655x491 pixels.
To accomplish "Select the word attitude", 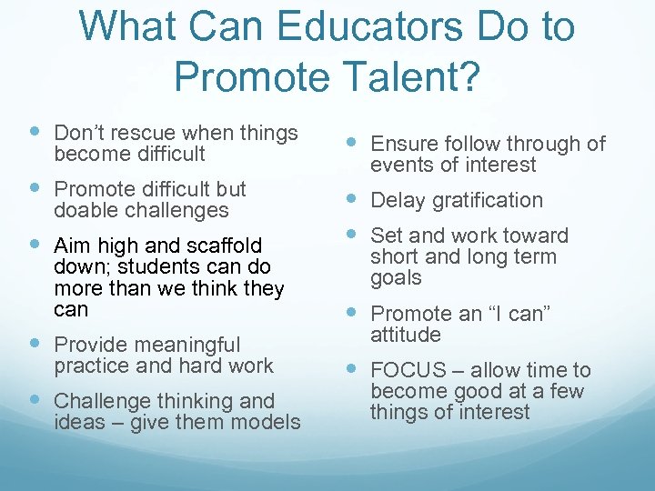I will click(x=406, y=335).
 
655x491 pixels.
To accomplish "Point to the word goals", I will click(x=396, y=278).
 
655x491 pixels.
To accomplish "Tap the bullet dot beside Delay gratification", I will click(x=353, y=197).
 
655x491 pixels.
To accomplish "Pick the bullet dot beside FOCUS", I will click(x=353, y=368).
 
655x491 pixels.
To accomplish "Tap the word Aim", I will click(x=72, y=245).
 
